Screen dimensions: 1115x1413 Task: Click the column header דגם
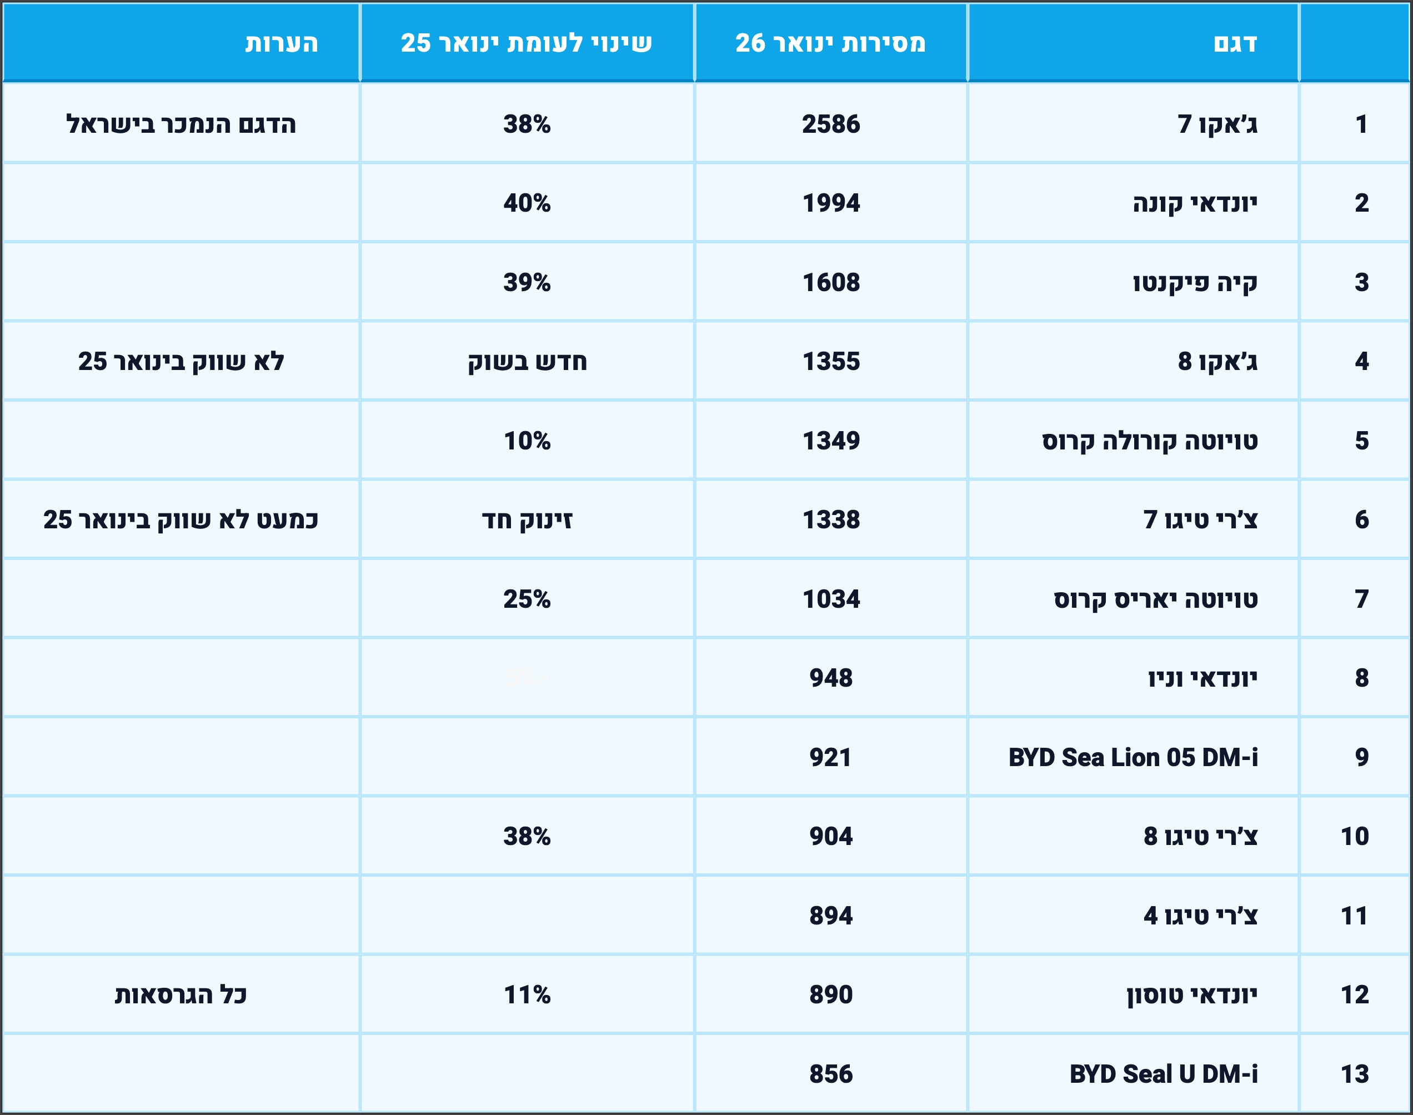pyautogui.click(x=1235, y=43)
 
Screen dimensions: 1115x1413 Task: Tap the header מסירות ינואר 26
pyautogui.click(x=830, y=43)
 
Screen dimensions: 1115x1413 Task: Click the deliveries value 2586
pyautogui.click(x=831, y=124)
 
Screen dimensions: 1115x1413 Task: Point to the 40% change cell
pyautogui.click(x=527, y=203)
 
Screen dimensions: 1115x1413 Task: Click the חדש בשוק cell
pyautogui.click(x=527, y=361)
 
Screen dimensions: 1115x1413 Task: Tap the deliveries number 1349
pyautogui.click(x=831, y=441)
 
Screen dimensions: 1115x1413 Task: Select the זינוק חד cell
pyautogui.click(x=527, y=519)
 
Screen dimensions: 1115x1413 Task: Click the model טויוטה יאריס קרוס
pyautogui.click(x=1155, y=599)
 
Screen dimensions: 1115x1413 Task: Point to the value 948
pyautogui.click(x=831, y=678)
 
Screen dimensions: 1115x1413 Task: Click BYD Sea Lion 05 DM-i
pyautogui.click(x=1133, y=757)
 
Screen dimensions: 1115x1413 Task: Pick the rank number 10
pyautogui.click(x=1354, y=836)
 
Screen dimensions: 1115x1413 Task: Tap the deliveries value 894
pyautogui.click(x=831, y=915)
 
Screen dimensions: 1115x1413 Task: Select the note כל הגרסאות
pyautogui.click(x=181, y=994)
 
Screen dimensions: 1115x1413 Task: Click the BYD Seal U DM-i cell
pyautogui.click(x=1163, y=1074)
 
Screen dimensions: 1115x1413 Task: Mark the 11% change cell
pyautogui.click(x=527, y=994)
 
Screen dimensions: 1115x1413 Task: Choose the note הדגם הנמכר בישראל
pyautogui.click(x=181, y=124)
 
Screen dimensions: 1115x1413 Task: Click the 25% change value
pyautogui.click(x=527, y=599)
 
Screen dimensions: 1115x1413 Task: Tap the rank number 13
pyautogui.click(x=1354, y=1074)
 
